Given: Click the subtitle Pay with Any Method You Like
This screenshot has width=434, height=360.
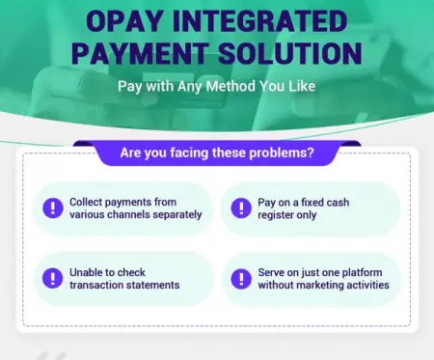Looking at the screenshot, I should (x=216, y=85).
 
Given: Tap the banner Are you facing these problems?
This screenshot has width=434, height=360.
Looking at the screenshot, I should (x=216, y=152).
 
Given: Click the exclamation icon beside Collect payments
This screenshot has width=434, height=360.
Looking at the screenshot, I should (x=48, y=208).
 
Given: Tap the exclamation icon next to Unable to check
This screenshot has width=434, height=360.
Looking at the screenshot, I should (x=48, y=277).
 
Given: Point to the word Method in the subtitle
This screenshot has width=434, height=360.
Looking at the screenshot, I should (x=230, y=85).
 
